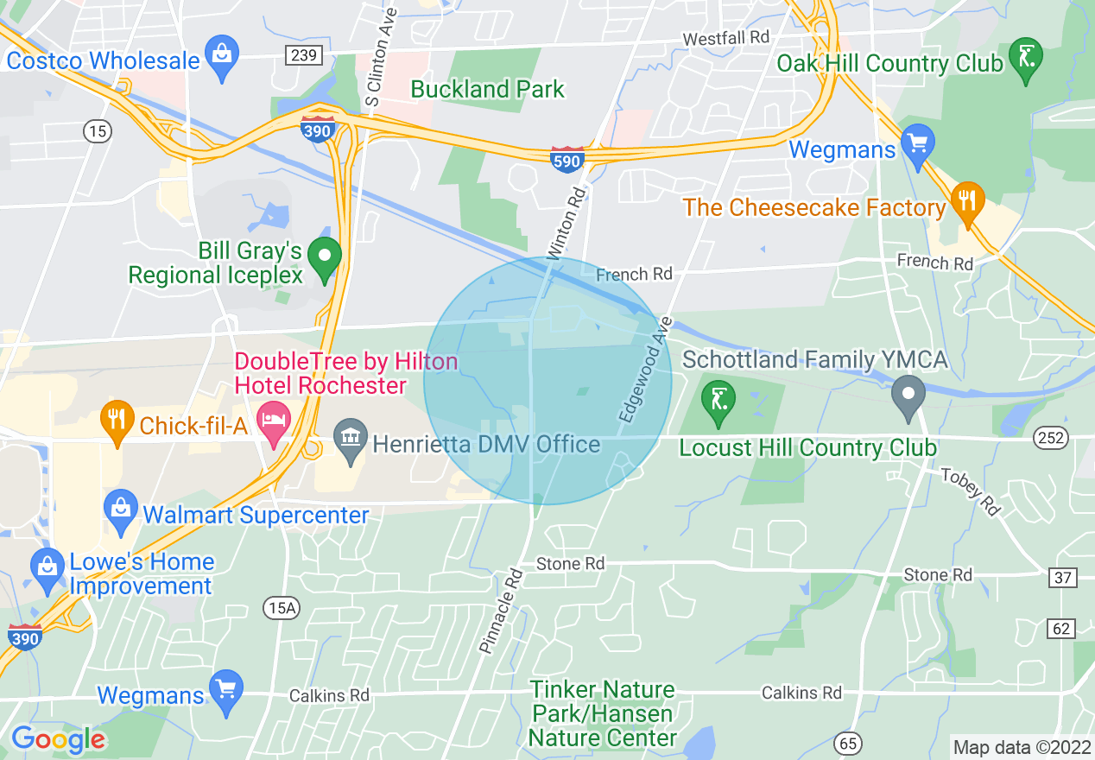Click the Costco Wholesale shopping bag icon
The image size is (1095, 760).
point(223,58)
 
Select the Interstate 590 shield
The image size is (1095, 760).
point(567,159)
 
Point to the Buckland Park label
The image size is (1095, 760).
point(487,89)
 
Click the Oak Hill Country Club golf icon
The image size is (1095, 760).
point(1027,59)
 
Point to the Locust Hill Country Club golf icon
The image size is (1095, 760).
point(718,401)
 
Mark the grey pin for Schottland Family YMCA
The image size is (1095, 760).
point(908,395)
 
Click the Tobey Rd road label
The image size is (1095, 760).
point(970,492)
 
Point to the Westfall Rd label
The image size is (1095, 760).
point(725,39)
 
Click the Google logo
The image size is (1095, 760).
point(58,739)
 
